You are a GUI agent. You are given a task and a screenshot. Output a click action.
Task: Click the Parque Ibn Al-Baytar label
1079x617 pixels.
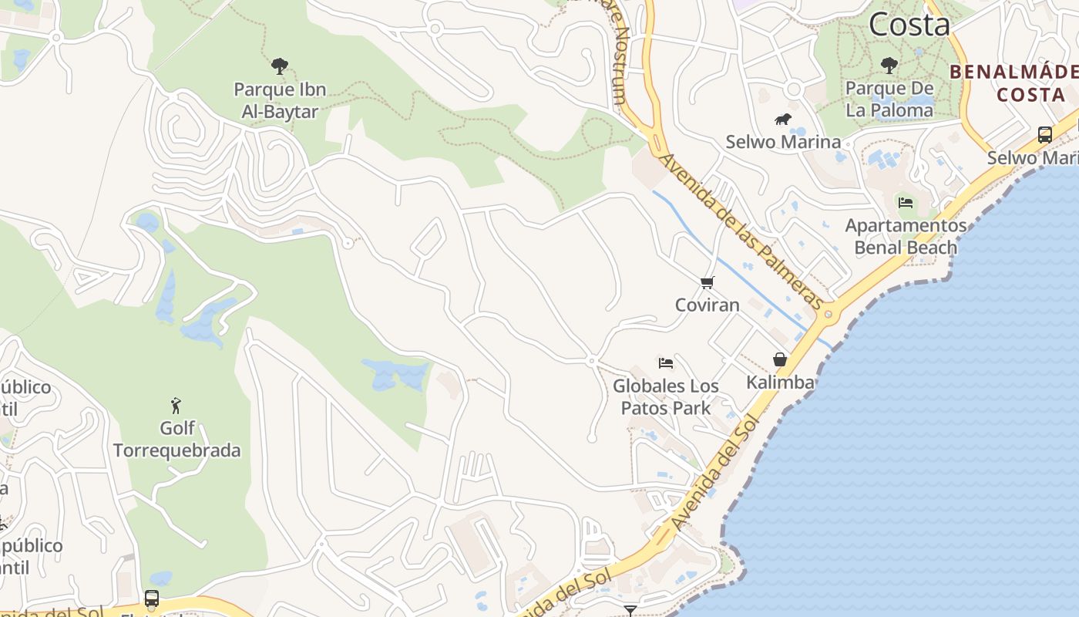pos(280,100)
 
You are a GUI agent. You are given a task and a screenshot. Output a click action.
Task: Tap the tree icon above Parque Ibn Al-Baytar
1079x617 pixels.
pos(280,66)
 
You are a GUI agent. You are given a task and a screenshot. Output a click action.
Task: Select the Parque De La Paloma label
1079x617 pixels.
pos(889,99)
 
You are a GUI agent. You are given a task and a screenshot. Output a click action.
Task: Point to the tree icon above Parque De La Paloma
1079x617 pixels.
pos(889,65)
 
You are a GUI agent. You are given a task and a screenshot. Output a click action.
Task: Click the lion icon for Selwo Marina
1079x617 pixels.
pos(783,120)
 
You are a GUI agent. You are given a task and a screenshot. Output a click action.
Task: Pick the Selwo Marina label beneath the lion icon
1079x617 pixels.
pos(783,142)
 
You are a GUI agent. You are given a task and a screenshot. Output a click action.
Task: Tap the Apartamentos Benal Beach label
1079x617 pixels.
pos(906,237)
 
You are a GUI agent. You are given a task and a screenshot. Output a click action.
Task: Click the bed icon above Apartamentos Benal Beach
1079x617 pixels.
pos(906,203)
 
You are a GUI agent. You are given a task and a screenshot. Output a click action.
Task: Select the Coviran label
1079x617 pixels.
pos(708,305)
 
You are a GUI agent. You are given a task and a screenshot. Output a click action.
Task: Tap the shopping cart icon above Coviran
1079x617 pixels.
pos(708,283)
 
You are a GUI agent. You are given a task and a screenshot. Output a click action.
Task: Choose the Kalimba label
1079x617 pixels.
pos(780,382)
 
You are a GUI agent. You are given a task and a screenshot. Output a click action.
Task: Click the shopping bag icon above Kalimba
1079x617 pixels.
pos(780,359)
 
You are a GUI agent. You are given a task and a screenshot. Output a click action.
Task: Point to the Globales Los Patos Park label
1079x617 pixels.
pos(666,396)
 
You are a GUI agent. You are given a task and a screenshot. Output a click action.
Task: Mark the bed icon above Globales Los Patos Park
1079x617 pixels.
pos(666,362)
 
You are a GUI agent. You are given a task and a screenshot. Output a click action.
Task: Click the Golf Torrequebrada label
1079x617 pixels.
pos(176,439)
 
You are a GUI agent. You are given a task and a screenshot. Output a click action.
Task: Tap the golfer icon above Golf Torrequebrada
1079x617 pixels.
pos(176,405)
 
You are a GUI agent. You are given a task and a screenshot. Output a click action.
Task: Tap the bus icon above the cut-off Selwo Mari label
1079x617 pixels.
pos(1044,135)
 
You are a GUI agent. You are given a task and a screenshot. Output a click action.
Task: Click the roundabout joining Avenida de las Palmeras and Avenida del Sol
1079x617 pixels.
pos(829,314)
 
